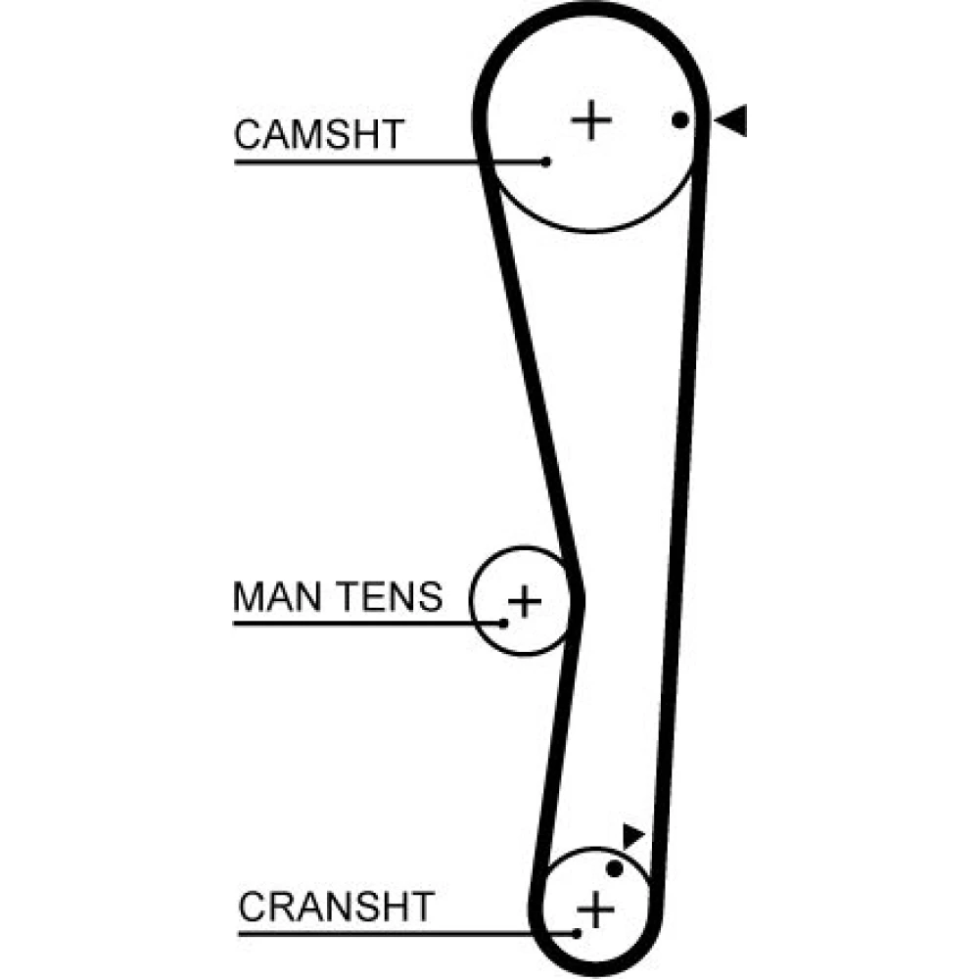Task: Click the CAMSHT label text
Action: (318, 135)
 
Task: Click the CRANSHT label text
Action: (335, 907)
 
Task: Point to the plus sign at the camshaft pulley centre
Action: (591, 120)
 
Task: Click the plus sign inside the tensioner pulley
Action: (525, 600)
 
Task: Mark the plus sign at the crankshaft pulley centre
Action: (594, 911)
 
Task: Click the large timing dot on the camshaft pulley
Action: (680, 120)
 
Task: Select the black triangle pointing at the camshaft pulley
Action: (731, 120)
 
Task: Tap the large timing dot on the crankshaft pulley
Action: (615, 868)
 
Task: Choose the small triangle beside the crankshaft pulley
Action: (633, 836)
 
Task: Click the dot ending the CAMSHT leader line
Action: (546, 162)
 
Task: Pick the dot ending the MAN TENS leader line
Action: (504, 623)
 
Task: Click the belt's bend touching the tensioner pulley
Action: (577, 597)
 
